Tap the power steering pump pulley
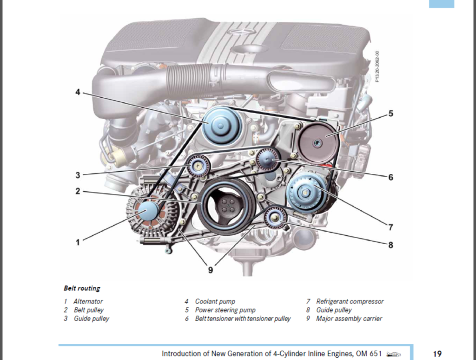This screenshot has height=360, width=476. pos(318,141)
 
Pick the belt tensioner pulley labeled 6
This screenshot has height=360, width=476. pos(267,160)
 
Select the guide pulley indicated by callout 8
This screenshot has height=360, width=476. pos(274,217)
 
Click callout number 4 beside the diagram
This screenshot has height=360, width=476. pos(78,92)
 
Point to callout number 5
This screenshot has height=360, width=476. pos(391,113)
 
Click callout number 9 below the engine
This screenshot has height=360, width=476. pos(211,270)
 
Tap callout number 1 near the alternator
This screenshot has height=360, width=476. pos(78,242)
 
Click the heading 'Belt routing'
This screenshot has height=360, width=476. pos(82,288)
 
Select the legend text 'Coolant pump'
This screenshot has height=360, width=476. pos(215,301)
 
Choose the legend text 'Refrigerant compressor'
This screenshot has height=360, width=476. pos(350,301)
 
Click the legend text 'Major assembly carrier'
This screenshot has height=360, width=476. pos(349,319)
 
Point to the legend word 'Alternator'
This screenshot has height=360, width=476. pos(88,301)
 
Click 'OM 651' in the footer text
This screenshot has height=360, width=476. pos(370,353)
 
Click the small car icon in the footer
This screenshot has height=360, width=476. pos(394,354)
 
